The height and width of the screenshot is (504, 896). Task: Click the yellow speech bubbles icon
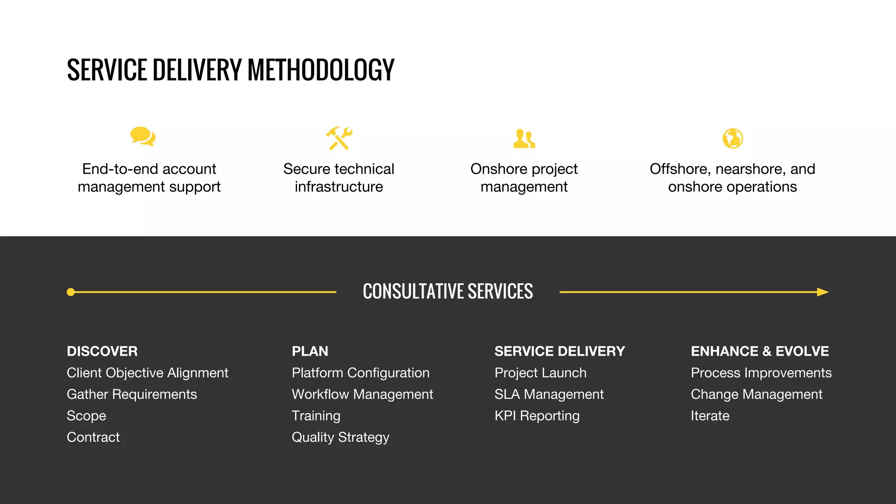(x=143, y=136)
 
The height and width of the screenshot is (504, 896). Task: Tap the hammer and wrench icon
(x=339, y=138)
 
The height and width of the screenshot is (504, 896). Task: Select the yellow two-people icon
(x=524, y=139)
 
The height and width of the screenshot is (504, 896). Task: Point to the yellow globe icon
(x=732, y=139)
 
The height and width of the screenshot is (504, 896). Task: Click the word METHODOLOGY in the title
(x=321, y=70)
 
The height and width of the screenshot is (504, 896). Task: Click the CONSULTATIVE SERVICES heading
(x=448, y=291)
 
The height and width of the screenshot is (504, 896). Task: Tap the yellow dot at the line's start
(x=71, y=292)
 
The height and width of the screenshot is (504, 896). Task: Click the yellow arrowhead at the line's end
(x=822, y=292)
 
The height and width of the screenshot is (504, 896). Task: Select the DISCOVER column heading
(x=102, y=351)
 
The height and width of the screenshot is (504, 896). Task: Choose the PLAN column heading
(x=310, y=351)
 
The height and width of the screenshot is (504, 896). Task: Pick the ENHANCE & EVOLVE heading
(x=759, y=351)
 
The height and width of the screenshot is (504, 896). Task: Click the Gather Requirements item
(x=132, y=394)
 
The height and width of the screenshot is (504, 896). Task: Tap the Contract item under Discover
(x=93, y=437)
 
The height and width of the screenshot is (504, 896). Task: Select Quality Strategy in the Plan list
(x=340, y=437)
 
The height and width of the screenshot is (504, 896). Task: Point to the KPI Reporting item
(x=537, y=416)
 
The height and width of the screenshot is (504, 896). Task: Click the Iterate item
(x=710, y=416)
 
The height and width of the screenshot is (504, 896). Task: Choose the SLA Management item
(x=549, y=394)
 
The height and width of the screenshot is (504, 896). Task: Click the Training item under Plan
(x=316, y=416)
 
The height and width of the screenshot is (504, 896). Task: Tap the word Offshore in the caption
(x=678, y=169)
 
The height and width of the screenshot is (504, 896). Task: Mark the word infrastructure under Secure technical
(x=339, y=187)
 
